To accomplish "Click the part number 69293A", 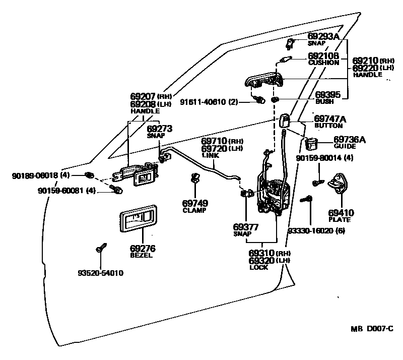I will tap(323, 37).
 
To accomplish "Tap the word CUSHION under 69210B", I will tap(323, 63).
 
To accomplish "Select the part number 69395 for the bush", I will tap(327, 94).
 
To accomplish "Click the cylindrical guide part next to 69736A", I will tap(310, 145).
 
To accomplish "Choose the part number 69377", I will tap(246, 227).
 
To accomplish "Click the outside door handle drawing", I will tap(264, 81).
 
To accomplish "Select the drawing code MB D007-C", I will tap(372, 329).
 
